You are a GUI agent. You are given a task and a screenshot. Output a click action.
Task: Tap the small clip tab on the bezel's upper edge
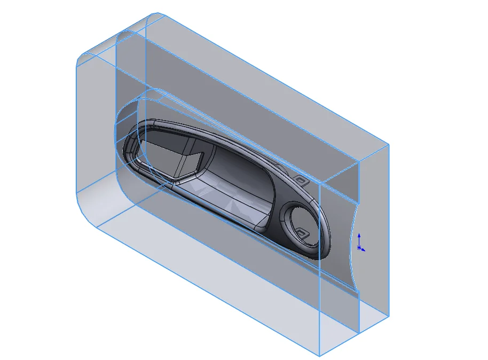point(302,180)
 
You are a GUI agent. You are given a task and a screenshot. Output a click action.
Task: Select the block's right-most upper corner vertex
point(388,145)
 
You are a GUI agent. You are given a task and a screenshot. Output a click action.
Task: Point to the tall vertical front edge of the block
point(319,267)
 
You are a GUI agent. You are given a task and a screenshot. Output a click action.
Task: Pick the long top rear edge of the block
point(278,80)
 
